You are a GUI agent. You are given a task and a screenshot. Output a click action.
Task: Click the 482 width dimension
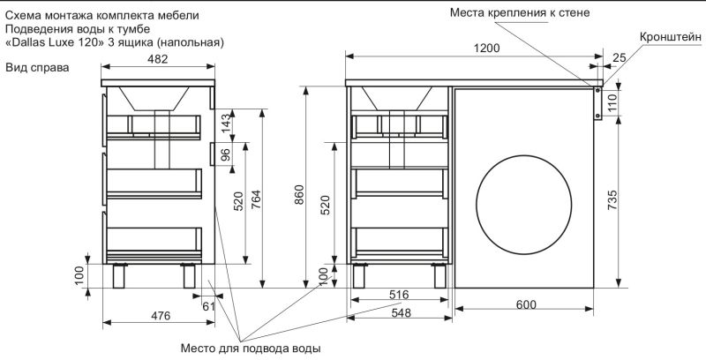[x=159, y=59]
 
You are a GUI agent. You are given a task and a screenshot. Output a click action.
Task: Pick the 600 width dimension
[x=526, y=305]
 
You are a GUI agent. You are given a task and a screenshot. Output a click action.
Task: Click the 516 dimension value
[x=399, y=296]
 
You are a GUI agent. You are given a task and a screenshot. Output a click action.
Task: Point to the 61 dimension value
[x=208, y=306]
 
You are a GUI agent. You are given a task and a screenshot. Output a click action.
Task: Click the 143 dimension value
[x=225, y=124]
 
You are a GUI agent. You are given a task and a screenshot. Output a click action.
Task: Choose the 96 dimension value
[x=225, y=154]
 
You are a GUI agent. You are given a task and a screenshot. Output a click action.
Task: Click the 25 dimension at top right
[x=618, y=57]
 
